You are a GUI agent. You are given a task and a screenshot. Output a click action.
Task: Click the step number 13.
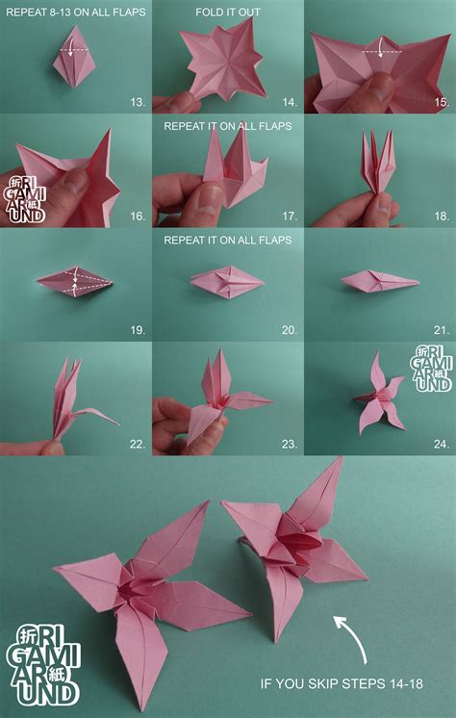tap(138, 102)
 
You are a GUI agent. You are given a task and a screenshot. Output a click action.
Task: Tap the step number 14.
tap(290, 102)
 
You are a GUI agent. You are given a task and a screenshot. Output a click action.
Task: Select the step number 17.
tap(290, 216)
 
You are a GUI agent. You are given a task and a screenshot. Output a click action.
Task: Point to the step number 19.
tap(138, 330)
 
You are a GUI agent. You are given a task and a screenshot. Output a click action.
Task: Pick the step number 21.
tap(442, 330)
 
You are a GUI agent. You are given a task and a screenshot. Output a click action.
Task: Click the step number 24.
tap(442, 444)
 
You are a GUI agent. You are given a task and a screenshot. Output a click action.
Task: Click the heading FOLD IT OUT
tap(228, 13)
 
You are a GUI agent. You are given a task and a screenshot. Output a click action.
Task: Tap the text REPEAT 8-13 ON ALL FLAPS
tap(76, 13)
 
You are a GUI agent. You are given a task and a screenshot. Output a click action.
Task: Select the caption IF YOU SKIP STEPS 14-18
tap(342, 684)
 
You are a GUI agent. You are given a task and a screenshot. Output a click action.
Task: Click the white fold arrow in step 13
tap(69, 50)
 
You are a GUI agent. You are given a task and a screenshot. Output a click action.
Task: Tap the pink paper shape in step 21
tap(380, 282)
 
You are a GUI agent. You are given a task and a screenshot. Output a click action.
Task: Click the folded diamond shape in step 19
tap(74, 282)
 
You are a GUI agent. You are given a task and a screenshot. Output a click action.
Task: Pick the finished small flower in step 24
tap(380, 397)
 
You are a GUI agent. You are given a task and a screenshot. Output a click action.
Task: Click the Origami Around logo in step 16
tap(25, 199)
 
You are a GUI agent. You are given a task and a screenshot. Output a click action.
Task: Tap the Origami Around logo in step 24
tap(431, 369)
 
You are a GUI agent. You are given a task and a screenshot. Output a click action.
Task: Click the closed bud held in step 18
tap(378, 162)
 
